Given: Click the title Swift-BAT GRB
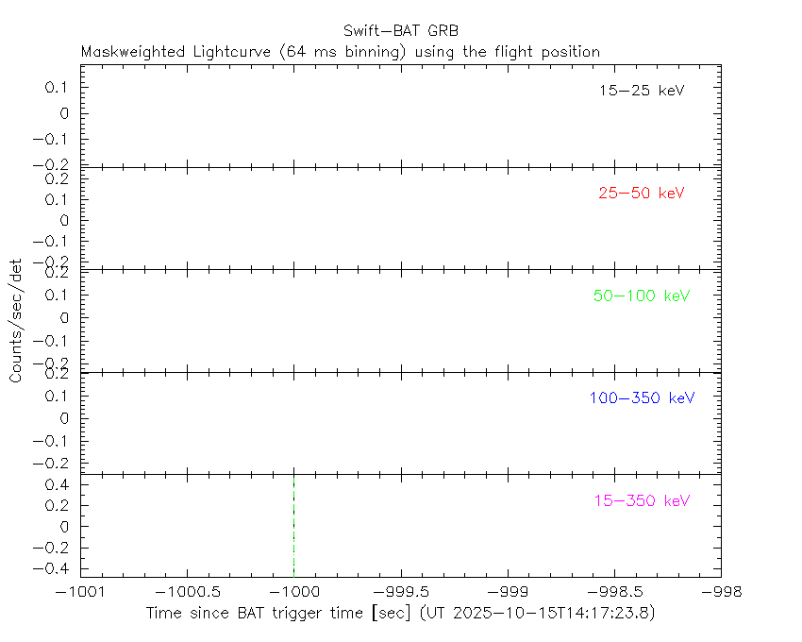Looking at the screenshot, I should click(400, 30).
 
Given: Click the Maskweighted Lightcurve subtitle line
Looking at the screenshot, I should click(341, 52).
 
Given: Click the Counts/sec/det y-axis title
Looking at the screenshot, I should click(16, 320).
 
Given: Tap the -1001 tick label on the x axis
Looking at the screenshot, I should click(80, 592).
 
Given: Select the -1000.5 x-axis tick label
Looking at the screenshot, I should click(187, 592).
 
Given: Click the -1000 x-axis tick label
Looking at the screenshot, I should click(293, 592).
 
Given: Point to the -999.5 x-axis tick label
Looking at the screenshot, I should click(401, 592).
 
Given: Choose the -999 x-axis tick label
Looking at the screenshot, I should click(508, 592).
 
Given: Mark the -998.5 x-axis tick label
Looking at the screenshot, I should click(614, 592).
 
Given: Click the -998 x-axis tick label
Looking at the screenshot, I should click(721, 592).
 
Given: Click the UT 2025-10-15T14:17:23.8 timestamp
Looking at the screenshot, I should click(539, 614).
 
